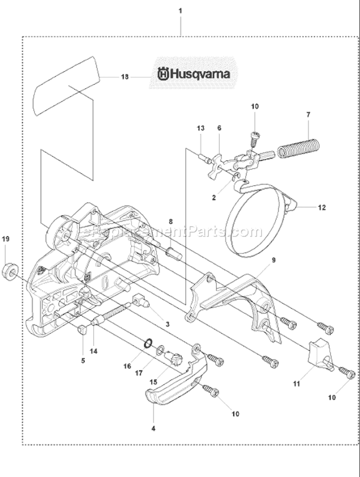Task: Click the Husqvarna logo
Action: (194, 74)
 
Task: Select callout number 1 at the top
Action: (180, 10)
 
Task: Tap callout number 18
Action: (125, 76)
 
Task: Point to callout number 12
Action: (321, 208)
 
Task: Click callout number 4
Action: (153, 427)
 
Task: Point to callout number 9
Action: (273, 261)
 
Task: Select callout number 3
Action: (168, 324)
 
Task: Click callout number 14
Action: (93, 351)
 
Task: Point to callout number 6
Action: (219, 128)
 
